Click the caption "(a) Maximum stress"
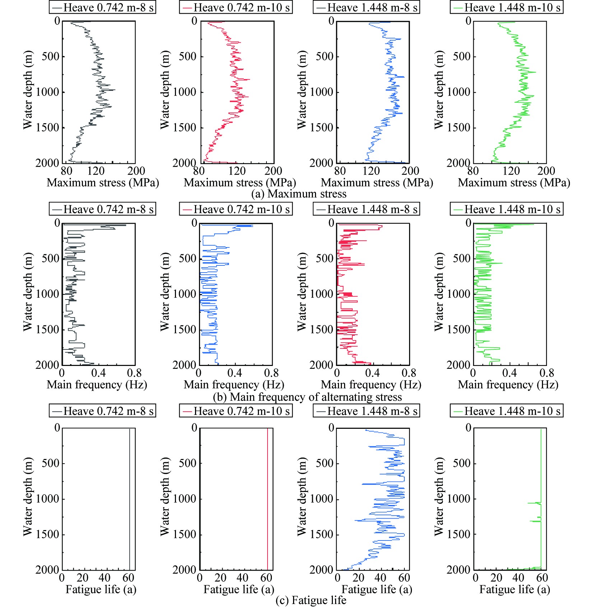coord(298,194)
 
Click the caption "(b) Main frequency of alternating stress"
coord(307,397)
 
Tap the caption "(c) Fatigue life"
coord(311,600)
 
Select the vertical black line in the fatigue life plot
coord(130,503)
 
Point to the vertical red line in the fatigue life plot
coord(268,503)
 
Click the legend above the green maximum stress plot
coord(506,8)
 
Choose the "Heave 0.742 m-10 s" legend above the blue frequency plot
coord(236,209)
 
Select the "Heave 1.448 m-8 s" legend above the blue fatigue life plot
coord(366,411)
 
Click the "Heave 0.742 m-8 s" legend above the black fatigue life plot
coord(102,411)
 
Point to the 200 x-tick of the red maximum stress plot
coord(273,171)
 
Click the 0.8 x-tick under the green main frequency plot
coord(547,373)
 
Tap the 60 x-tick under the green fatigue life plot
coord(542,578)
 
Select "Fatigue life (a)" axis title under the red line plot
coord(239,589)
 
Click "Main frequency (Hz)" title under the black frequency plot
coord(97,385)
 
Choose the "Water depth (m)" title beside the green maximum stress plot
coord(439,90)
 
